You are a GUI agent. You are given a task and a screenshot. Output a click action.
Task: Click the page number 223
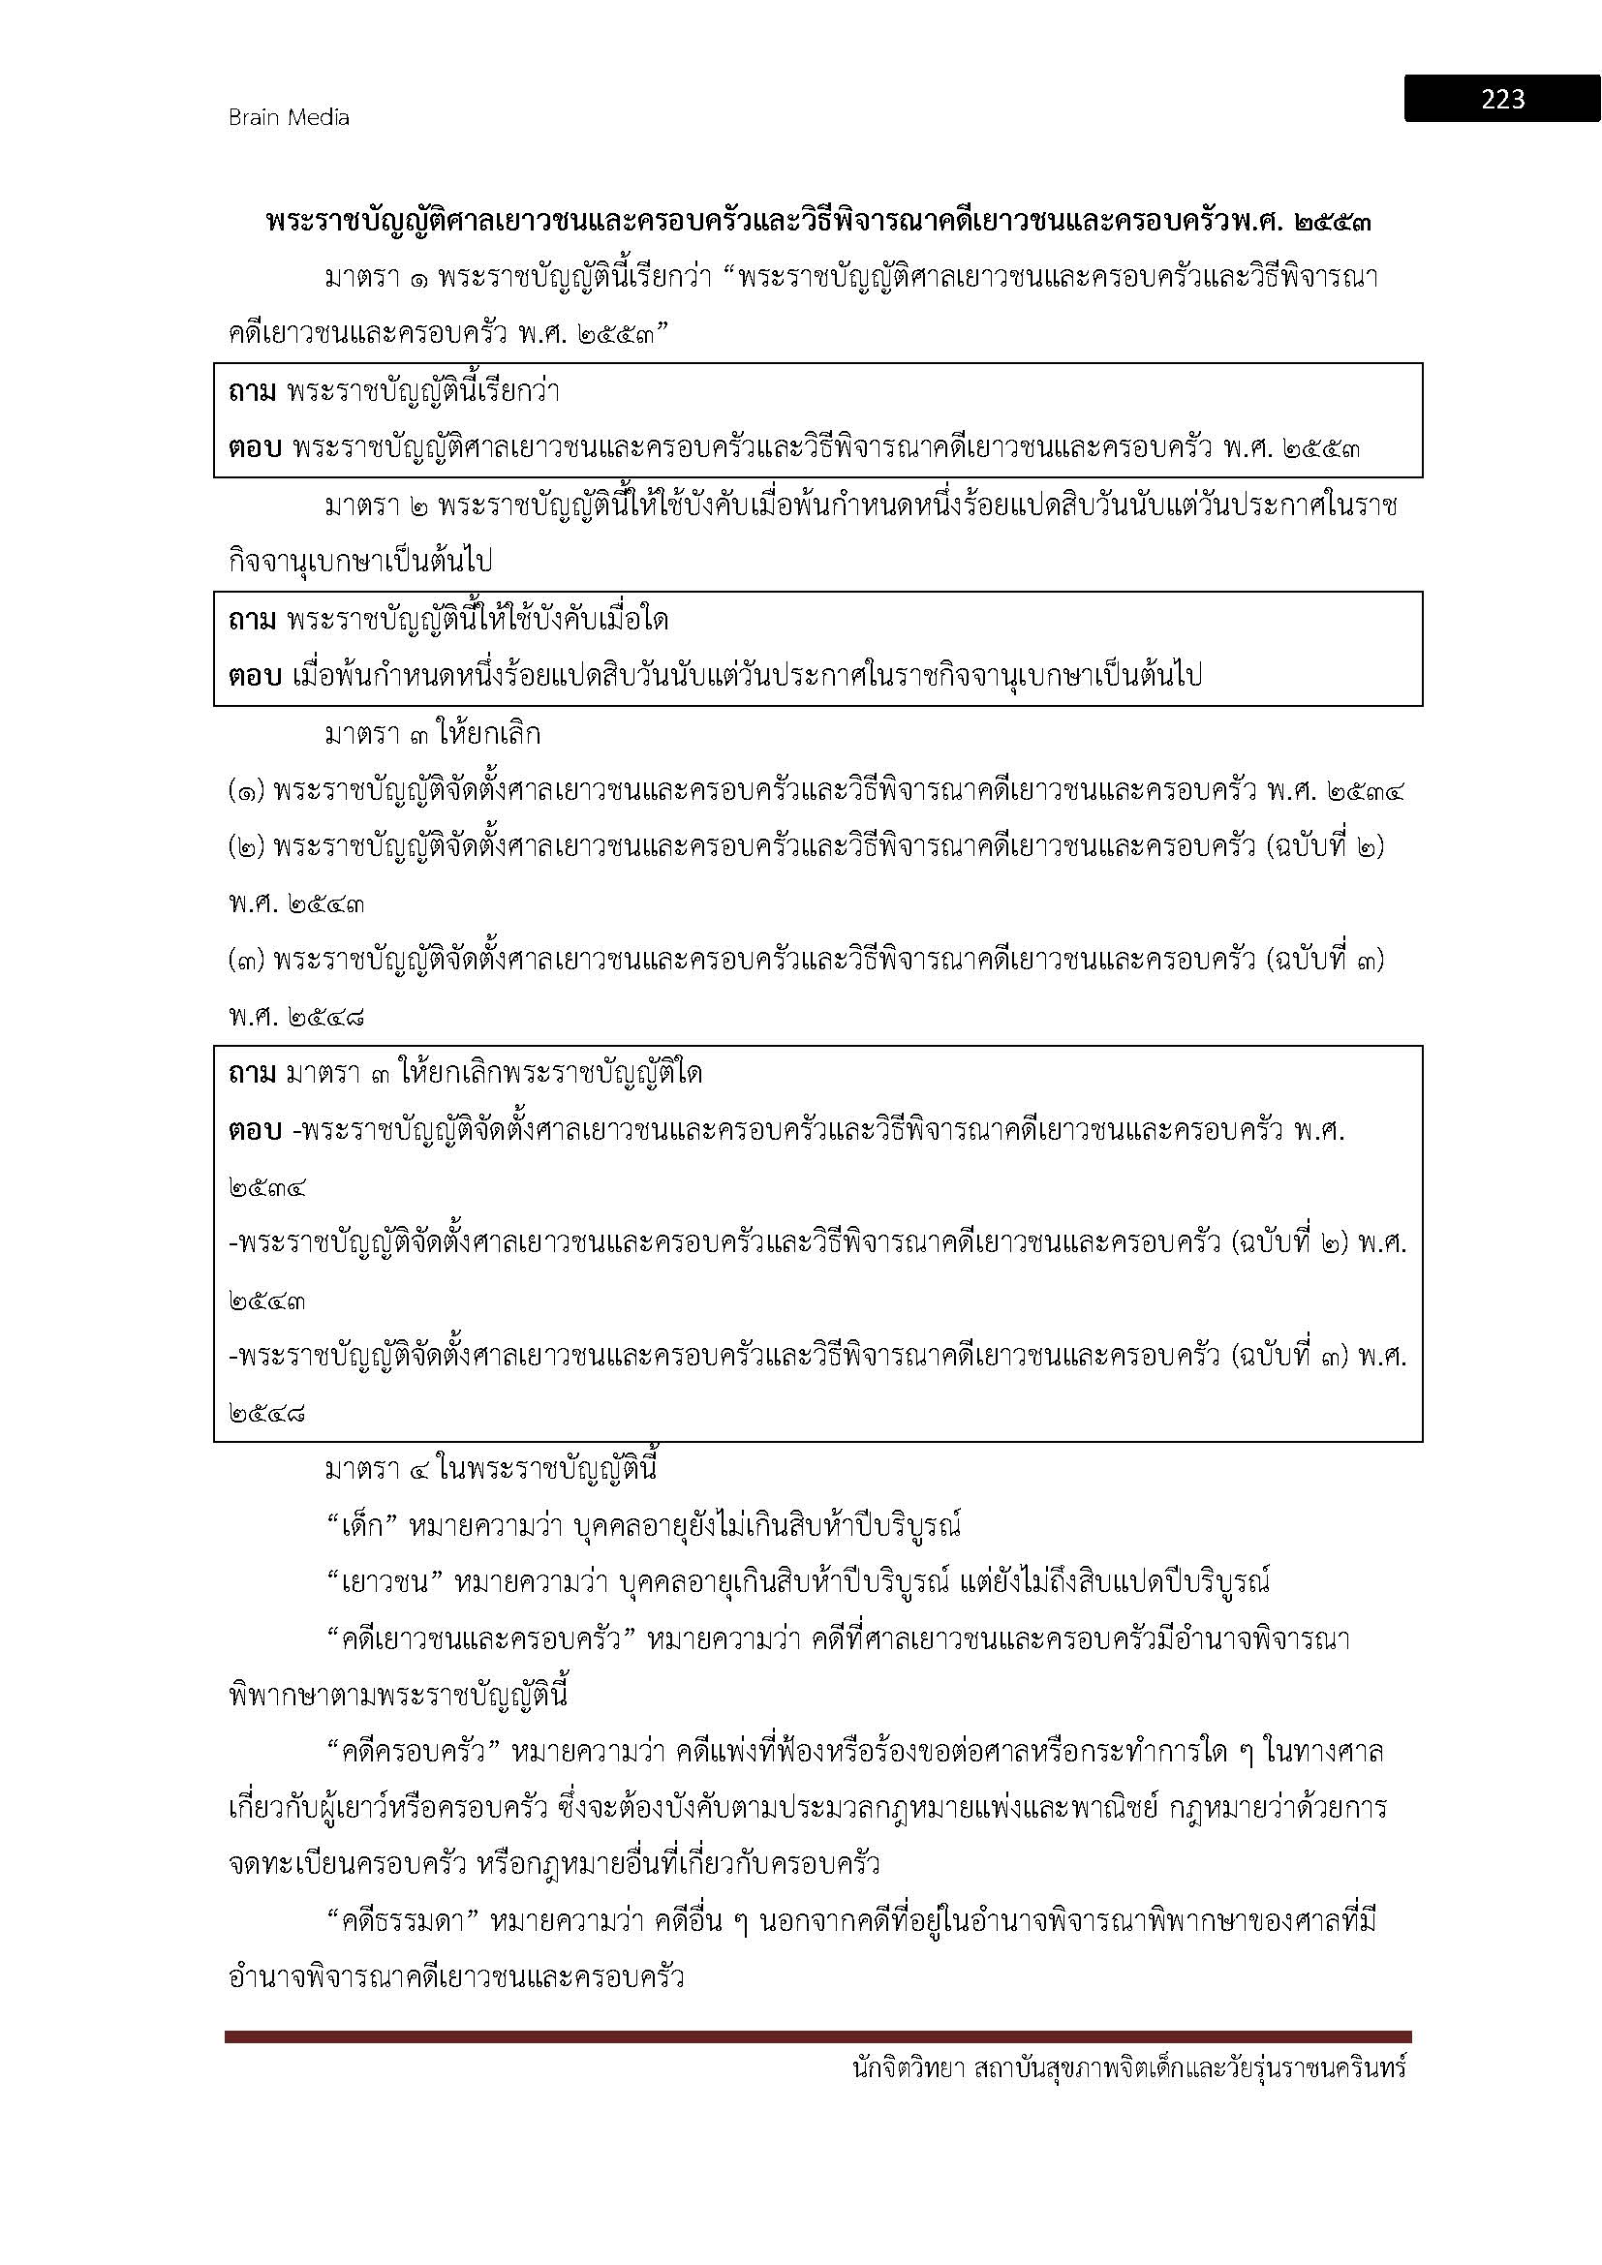pos(1501,99)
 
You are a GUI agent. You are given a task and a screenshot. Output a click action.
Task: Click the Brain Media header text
pos(289,117)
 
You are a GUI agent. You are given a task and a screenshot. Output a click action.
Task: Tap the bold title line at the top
pos(818,222)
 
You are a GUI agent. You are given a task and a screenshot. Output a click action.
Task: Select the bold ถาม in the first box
pos(253,392)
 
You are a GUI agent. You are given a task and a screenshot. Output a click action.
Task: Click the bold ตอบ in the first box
pos(256,449)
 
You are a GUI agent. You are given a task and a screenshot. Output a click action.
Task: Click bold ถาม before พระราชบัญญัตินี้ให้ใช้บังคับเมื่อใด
pos(253,621)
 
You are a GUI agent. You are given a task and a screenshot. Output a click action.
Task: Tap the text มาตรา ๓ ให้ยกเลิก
pos(432,735)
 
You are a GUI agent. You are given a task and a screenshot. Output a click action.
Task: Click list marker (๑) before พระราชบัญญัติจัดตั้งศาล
pos(246,792)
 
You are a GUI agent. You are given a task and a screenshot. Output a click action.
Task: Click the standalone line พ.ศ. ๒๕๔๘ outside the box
pos(296,1018)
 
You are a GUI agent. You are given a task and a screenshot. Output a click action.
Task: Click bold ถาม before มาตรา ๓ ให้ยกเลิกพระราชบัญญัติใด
pos(253,1073)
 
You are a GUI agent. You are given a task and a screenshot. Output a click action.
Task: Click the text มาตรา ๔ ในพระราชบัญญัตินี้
pos(490,1470)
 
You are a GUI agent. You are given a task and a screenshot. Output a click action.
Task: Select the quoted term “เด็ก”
pos(360,1527)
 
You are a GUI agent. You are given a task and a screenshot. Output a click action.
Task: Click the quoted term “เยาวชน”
pos(381,1583)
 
